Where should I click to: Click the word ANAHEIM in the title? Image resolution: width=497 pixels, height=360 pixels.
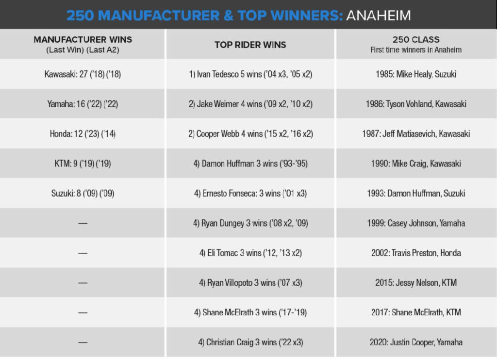pyautogui.click(x=379, y=16)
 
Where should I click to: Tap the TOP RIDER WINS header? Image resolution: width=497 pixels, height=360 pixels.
pyautogui.click(x=250, y=45)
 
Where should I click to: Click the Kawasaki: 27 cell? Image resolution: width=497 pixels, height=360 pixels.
pyautogui.click(x=83, y=74)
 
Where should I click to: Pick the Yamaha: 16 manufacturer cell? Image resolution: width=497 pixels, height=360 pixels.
pyautogui.click(x=83, y=104)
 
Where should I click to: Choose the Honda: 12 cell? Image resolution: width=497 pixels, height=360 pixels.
pyautogui.click(x=83, y=134)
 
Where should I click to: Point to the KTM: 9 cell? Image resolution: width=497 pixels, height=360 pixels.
pyautogui.click(x=83, y=164)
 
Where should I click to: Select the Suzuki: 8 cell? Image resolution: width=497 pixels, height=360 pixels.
pyautogui.click(x=83, y=193)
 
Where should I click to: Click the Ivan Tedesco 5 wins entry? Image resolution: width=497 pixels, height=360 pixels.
pyautogui.click(x=250, y=74)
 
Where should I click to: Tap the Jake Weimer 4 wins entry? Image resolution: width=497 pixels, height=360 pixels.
pyautogui.click(x=250, y=104)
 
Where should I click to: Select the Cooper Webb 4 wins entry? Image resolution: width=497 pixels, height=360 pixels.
pyautogui.click(x=250, y=134)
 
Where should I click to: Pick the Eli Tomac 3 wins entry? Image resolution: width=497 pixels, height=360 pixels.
pyautogui.click(x=250, y=253)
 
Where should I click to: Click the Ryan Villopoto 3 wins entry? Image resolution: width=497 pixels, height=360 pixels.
pyautogui.click(x=250, y=282)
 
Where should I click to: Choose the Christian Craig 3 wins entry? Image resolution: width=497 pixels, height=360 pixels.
pyautogui.click(x=250, y=342)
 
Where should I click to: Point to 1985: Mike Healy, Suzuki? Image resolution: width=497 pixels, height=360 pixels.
pyautogui.click(x=416, y=74)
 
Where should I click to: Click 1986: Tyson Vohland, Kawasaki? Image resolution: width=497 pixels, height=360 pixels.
pyautogui.click(x=416, y=104)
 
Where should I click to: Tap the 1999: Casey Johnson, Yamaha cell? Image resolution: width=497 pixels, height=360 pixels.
pyautogui.click(x=416, y=223)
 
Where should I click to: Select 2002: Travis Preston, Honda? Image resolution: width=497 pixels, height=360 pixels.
pyautogui.click(x=416, y=253)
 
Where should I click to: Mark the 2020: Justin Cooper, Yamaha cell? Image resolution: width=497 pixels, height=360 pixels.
pyautogui.click(x=416, y=342)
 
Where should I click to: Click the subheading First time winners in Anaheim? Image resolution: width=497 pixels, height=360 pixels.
pyautogui.click(x=416, y=50)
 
